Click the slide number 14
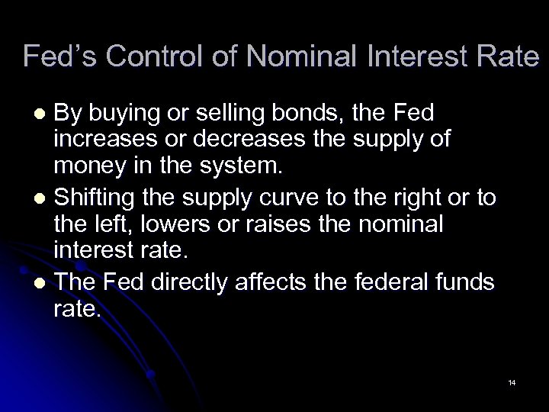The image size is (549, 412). tap(511, 381)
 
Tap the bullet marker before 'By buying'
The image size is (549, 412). tap(43, 115)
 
